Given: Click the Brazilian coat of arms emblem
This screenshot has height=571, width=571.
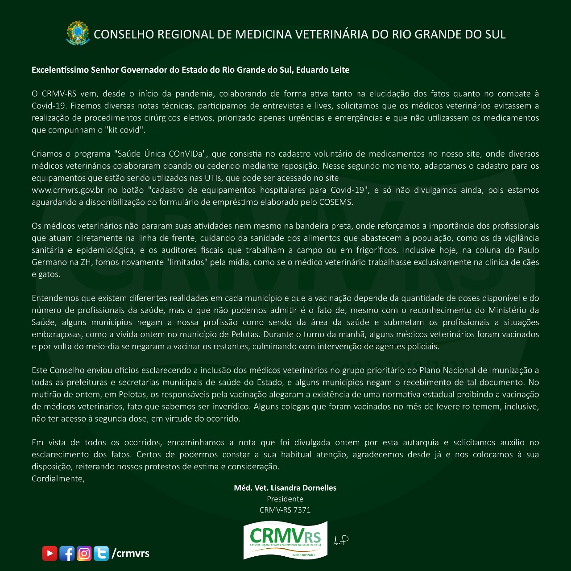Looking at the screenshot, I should point(78,33).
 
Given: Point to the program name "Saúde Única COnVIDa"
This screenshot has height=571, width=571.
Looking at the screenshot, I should point(160,154).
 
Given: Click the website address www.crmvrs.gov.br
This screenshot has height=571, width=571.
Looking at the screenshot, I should point(67,190).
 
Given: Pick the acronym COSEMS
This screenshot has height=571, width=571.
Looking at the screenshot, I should point(336,202).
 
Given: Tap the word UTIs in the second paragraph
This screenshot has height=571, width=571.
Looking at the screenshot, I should point(214,178).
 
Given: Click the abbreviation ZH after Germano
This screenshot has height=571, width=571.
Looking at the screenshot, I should point(86,262).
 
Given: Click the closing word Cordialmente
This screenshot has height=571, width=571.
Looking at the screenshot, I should point(58,479).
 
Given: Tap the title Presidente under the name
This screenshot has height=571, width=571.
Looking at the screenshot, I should point(285,499).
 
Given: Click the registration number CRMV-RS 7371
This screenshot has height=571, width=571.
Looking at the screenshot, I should point(285,510).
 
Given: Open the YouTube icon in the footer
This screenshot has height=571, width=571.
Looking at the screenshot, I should point(50,554).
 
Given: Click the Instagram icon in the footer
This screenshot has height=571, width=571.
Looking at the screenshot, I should point(84,554).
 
